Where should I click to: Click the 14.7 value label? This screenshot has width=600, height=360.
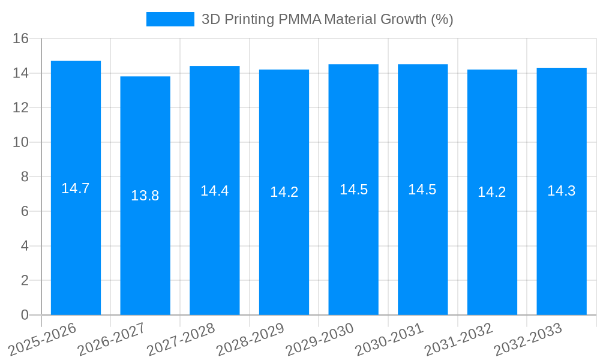pyautogui.click(x=76, y=188)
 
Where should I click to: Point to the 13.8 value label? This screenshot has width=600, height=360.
pyautogui.click(x=145, y=196)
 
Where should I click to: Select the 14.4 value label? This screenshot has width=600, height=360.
pyautogui.click(x=214, y=191)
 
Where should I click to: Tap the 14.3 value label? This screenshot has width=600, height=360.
pyautogui.click(x=562, y=191)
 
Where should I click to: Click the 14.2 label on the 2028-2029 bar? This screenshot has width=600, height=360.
pyautogui.click(x=284, y=192)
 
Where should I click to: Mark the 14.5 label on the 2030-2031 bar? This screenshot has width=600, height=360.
pyautogui.click(x=422, y=190)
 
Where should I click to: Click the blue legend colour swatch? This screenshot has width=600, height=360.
pyautogui.click(x=170, y=19)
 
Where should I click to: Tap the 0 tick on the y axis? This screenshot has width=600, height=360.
pyautogui.click(x=25, y=315)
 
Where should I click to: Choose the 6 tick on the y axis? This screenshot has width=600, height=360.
pyautogui.click(x=25, y=211)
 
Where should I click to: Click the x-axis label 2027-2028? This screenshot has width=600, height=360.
pyautogui.click(x=181, y=339)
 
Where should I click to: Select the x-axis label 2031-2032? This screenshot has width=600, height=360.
pyautogui.click(x=459, y=339)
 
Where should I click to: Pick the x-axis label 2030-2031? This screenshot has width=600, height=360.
pyautogui.click(x=389, y=339)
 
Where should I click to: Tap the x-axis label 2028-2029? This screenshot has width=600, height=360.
pyautogui.click(x=251, y=339)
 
